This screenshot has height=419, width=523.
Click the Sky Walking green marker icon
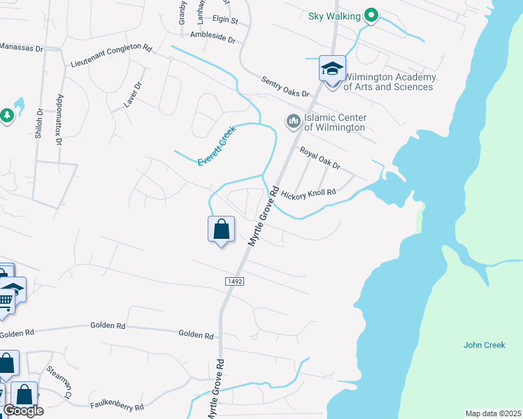[x=371, y=16]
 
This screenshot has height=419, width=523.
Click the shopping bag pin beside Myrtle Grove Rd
[x=221, y=230]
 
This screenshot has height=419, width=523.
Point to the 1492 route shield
[x=234, y=281]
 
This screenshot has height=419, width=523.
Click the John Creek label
[x=479, y=345]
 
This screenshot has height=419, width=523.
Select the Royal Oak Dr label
[x=320, y=158]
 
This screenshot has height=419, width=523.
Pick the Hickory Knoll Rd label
[x=308, y=192]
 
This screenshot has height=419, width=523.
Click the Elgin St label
[x=224, y=22]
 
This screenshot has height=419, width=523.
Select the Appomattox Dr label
[x=60, y=119]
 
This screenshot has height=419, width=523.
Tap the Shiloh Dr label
[x=38, y=123]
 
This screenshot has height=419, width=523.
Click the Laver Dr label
[x=133, y=95]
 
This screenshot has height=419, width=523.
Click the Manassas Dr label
[x=21, y=49]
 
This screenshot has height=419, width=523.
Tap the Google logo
[x=22, y=411]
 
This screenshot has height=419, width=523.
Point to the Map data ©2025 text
[x=493, y=413]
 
